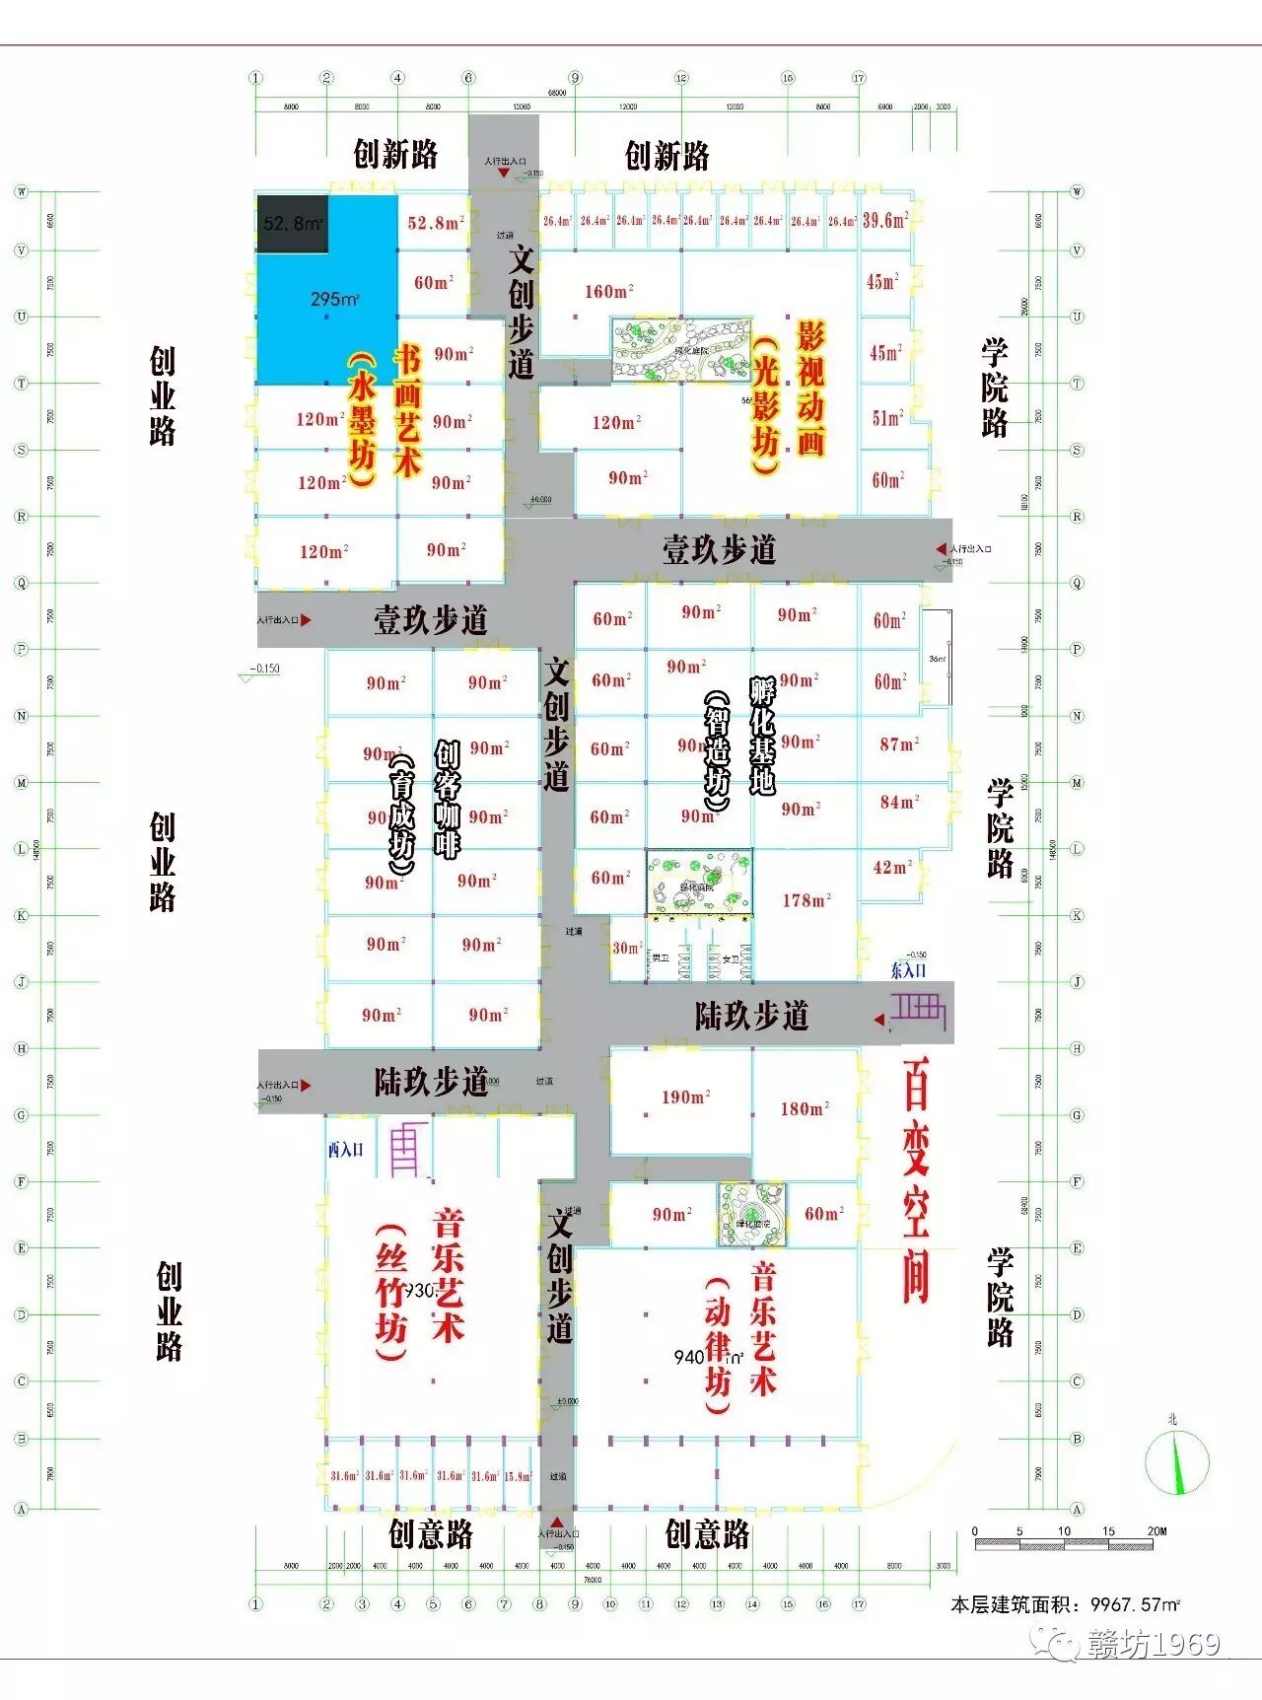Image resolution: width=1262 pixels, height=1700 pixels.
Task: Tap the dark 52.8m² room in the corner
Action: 293,224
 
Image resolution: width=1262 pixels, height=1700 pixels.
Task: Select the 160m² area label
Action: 608,291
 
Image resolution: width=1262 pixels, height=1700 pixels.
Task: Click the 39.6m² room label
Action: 884,220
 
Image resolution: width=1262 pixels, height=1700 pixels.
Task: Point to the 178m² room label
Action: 806,900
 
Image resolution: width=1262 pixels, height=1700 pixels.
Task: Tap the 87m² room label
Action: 899,744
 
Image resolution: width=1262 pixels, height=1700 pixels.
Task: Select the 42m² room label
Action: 892,867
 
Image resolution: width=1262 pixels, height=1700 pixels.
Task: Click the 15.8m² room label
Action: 518,1476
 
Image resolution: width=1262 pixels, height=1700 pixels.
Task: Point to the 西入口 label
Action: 346,1150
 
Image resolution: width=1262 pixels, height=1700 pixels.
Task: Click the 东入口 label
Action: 908,970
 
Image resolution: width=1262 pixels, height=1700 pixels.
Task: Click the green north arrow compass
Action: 1176,1461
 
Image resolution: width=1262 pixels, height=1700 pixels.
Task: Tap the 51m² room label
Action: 887,418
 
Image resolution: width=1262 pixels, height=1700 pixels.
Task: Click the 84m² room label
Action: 899,803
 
